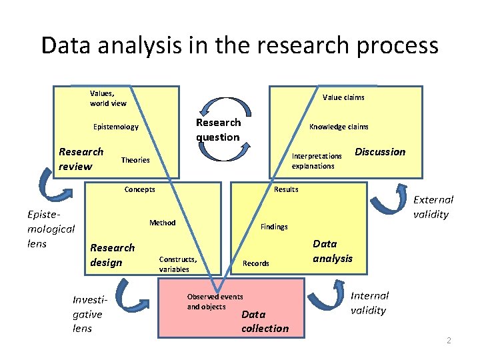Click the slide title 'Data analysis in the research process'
(x=239, y=45)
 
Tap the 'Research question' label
(x=218, y=130)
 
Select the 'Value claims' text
(x=343, y=97)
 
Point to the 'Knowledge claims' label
(x=339, y=127)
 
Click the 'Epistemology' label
(x=116, y=127)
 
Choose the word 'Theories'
(x=135, y=160)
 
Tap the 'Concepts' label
(x=139, y=189)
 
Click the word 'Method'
(x=162, y=223)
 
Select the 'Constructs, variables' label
(x=178, y=264)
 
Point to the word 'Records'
(x=256, y=263)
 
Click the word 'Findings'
(x=274, y=227)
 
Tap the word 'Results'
(x=286, y=189)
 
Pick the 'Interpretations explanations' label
(x=317, y=161)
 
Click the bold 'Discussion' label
(x=380, y=152)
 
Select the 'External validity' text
(x=433, y=207)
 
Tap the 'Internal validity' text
(x=370, y=303)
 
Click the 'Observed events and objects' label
(x=215, y=301)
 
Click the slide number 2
(x=449, y=341)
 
